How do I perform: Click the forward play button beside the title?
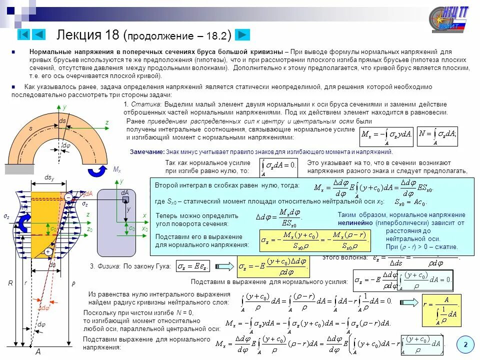242,34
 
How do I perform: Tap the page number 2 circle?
465,344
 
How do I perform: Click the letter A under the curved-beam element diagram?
37,352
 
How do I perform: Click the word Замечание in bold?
147,152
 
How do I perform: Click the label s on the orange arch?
30,128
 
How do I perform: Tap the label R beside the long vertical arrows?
10,283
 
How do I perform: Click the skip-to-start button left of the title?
23,34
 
